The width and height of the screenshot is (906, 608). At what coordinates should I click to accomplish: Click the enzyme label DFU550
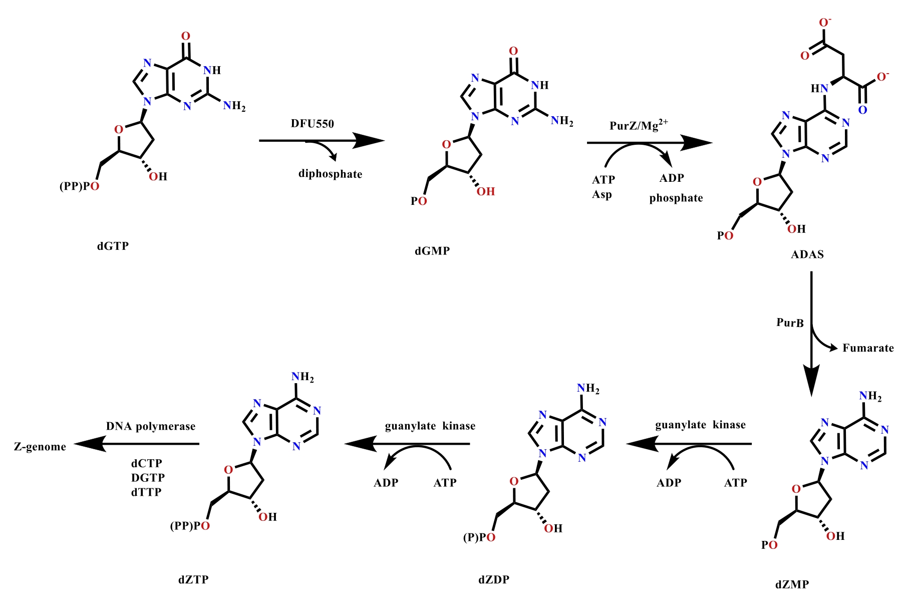[312, 124]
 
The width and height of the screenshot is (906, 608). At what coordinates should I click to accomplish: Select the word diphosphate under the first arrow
[330, 174]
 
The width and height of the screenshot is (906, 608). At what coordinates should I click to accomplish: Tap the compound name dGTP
[113, 246]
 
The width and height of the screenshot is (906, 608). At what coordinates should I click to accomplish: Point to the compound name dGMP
[432, 251]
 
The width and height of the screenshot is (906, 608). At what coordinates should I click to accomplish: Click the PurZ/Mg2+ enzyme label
[639, 125]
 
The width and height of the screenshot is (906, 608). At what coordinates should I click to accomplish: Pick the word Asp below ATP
[601, 194]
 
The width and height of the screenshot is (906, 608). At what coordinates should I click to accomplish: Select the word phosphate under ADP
[676, 198]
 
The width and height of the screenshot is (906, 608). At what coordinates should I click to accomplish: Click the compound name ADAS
[807, 254]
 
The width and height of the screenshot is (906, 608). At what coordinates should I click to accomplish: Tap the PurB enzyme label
[790, 323]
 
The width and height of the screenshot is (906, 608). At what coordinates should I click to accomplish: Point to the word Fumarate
[868, 348]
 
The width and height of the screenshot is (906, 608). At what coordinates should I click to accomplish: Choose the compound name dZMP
[792, 584]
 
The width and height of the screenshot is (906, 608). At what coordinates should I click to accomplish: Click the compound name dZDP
[494, 580]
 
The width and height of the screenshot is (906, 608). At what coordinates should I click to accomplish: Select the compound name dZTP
[193, 580]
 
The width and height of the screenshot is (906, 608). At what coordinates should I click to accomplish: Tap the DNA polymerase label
[151, 427]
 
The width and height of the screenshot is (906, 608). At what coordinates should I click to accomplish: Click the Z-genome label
[40, 447]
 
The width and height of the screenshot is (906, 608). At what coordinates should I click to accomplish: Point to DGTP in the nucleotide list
[148, 478]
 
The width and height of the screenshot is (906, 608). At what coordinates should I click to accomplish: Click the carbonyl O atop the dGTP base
[186, 36]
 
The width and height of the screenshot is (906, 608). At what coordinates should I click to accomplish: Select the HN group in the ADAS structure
[819, 89]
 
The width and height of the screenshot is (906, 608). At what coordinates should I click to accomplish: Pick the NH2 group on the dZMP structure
[870, 396]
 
